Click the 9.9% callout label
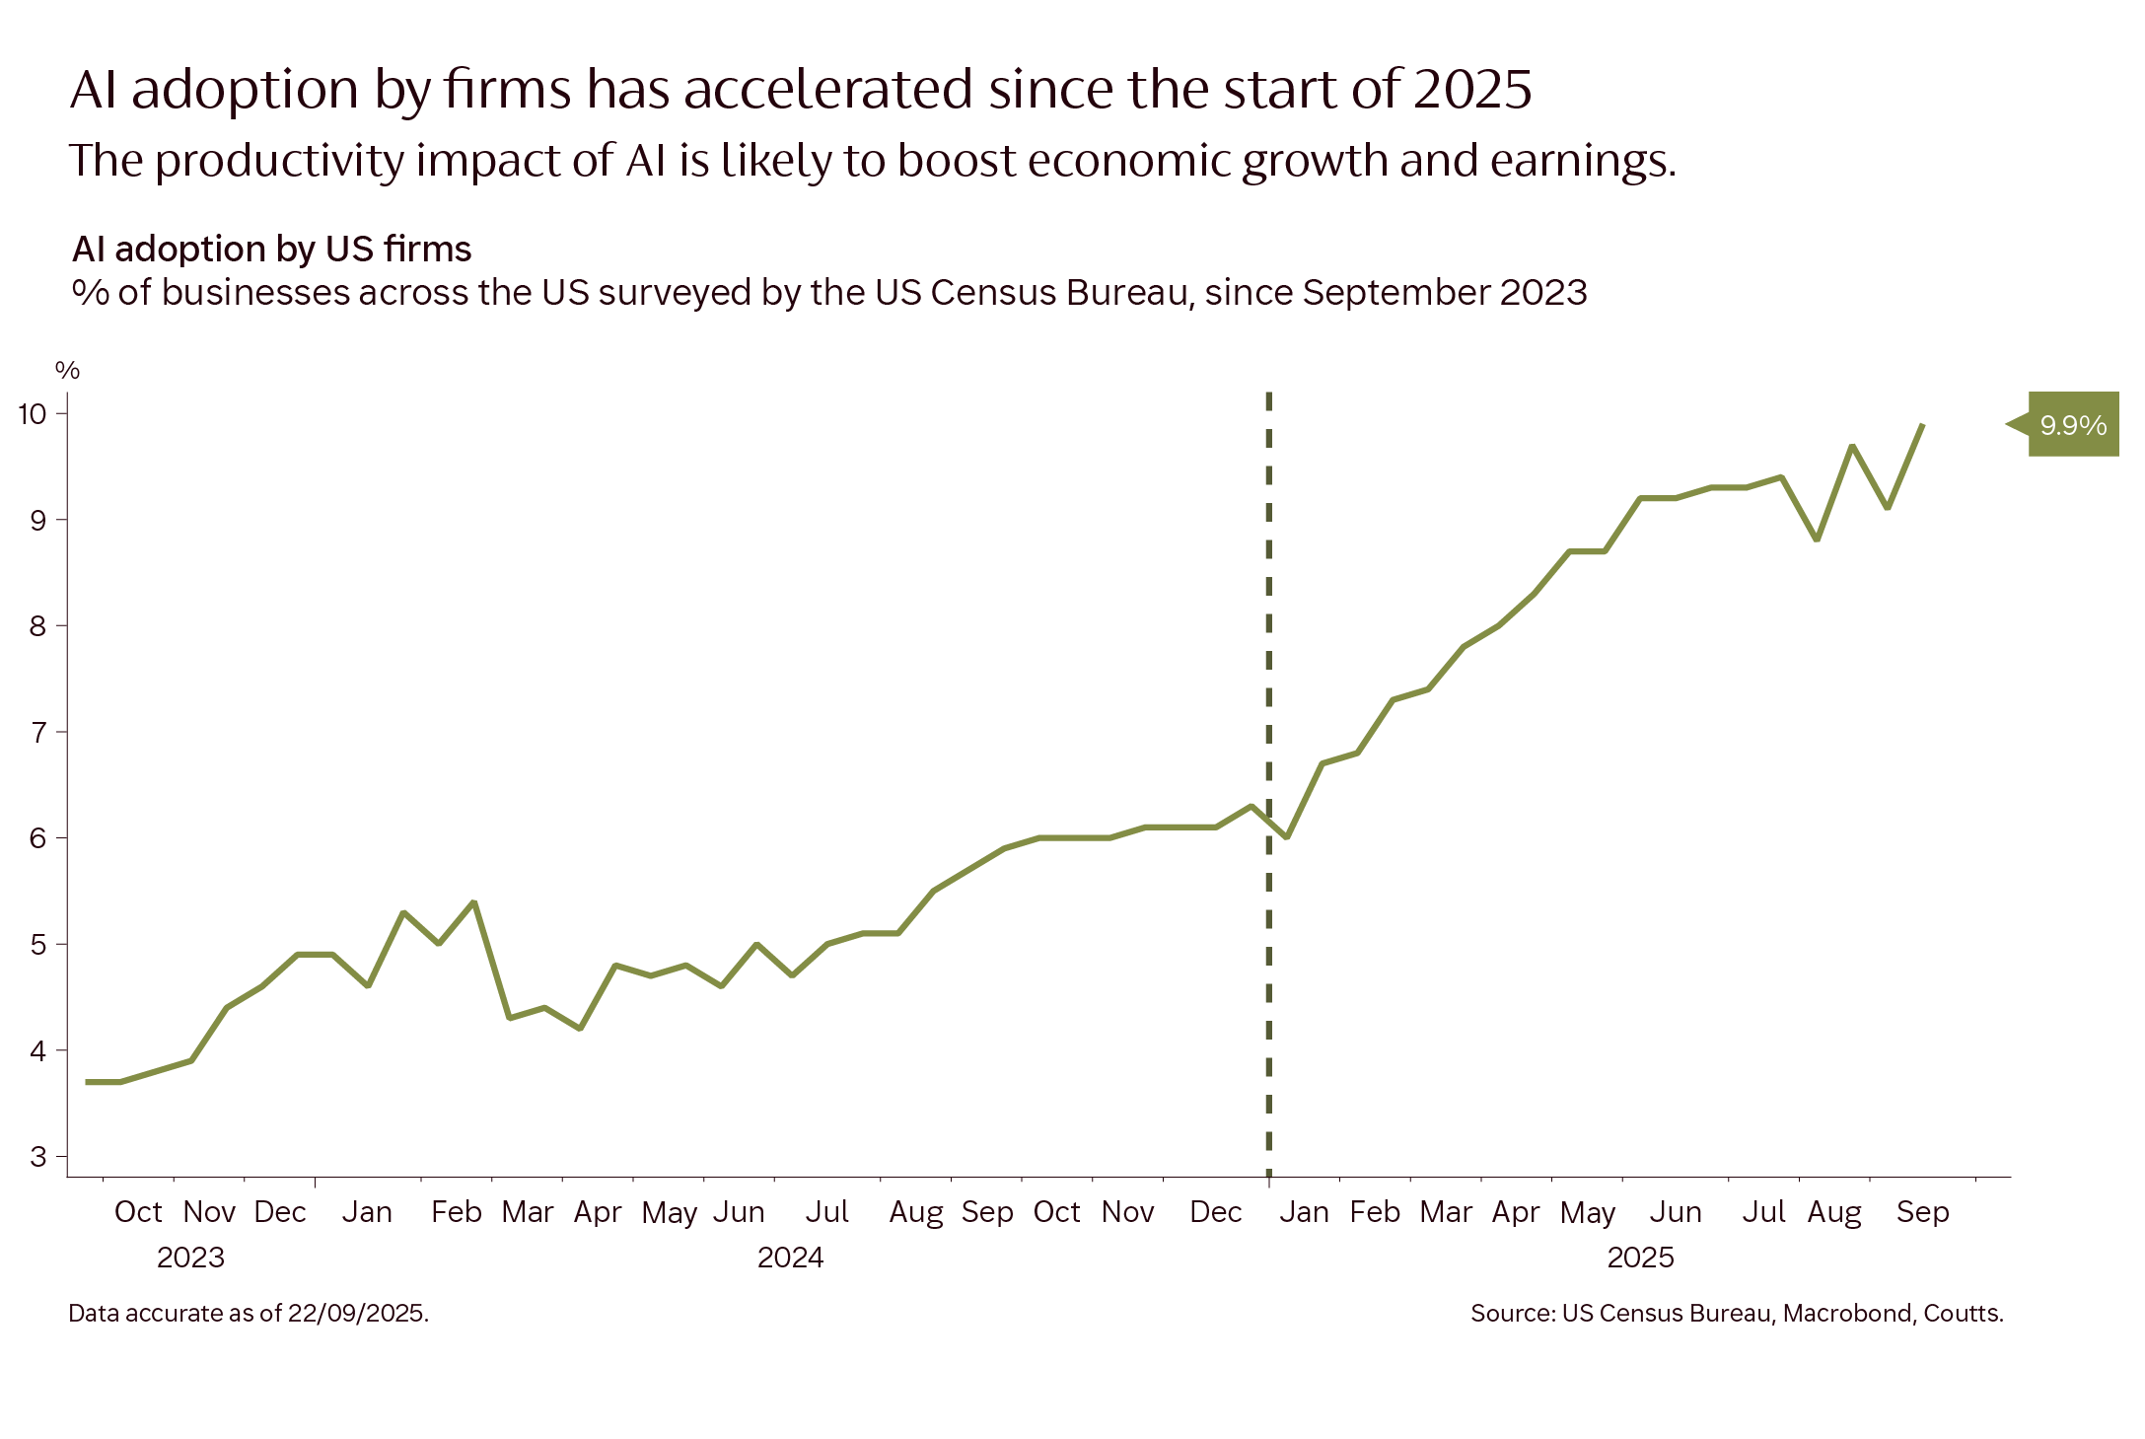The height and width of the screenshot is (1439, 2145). [x=2072, y=425]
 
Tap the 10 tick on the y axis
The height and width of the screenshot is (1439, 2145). [x=33, y=413]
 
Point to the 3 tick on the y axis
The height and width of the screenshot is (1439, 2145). [x=37, y=1156]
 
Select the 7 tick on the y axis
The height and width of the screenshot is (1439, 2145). [x=37, y=732]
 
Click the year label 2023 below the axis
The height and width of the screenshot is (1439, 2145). [x=190, y=1258]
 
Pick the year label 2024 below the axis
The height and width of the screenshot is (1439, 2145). [x=790, y=1258]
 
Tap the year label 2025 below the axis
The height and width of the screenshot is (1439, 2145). [x=1640, y=1258]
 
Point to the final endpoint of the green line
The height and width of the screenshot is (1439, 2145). [x=1923, y=425]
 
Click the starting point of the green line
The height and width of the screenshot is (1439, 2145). [x=88, y=1082]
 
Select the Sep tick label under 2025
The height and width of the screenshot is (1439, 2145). [x=1922, y=1212]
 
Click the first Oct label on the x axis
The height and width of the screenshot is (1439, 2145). [x=137, y=1212]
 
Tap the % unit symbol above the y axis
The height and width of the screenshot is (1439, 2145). [x=67, y=371]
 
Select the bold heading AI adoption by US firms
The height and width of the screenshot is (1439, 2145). [x=272, y=249]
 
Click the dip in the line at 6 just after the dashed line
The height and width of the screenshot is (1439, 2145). [x=1286, y=837]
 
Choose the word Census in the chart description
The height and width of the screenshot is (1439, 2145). [x=993, y=293]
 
